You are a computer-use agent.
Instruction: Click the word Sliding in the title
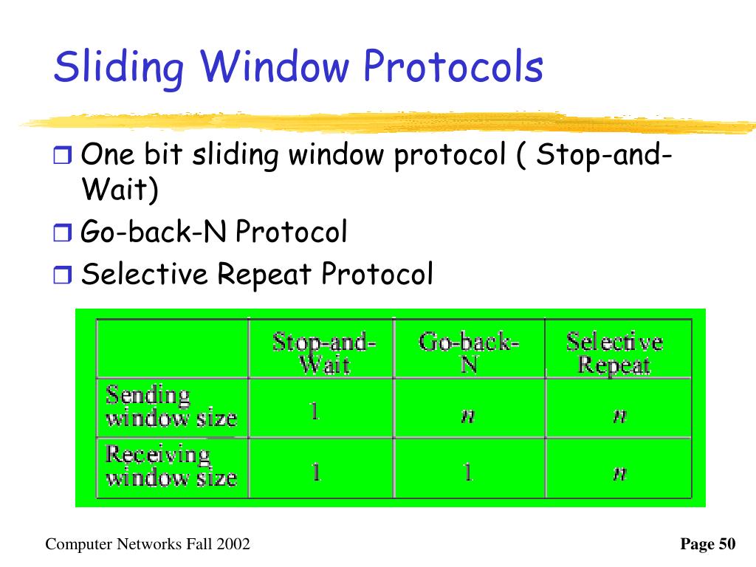119,67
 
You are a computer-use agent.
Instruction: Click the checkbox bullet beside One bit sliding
62,155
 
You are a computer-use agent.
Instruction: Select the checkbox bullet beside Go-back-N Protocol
62,233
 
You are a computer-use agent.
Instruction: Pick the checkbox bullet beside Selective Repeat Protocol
62,275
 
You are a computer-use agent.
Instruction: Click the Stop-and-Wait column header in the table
324,352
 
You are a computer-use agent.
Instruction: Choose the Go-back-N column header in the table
469,352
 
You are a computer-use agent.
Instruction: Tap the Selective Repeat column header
614,352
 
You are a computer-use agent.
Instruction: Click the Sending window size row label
171,406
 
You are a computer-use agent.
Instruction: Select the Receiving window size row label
171,466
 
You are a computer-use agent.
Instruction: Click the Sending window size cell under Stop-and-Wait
315,411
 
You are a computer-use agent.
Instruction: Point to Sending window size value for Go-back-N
467,415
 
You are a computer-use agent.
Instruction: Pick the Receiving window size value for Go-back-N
467,472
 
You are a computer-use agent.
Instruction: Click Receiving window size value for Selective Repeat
619,473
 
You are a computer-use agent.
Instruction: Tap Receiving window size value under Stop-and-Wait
316,472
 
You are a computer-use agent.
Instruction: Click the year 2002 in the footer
233,544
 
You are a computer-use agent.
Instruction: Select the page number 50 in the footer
727,544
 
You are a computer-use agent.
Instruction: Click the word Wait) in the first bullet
120,189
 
